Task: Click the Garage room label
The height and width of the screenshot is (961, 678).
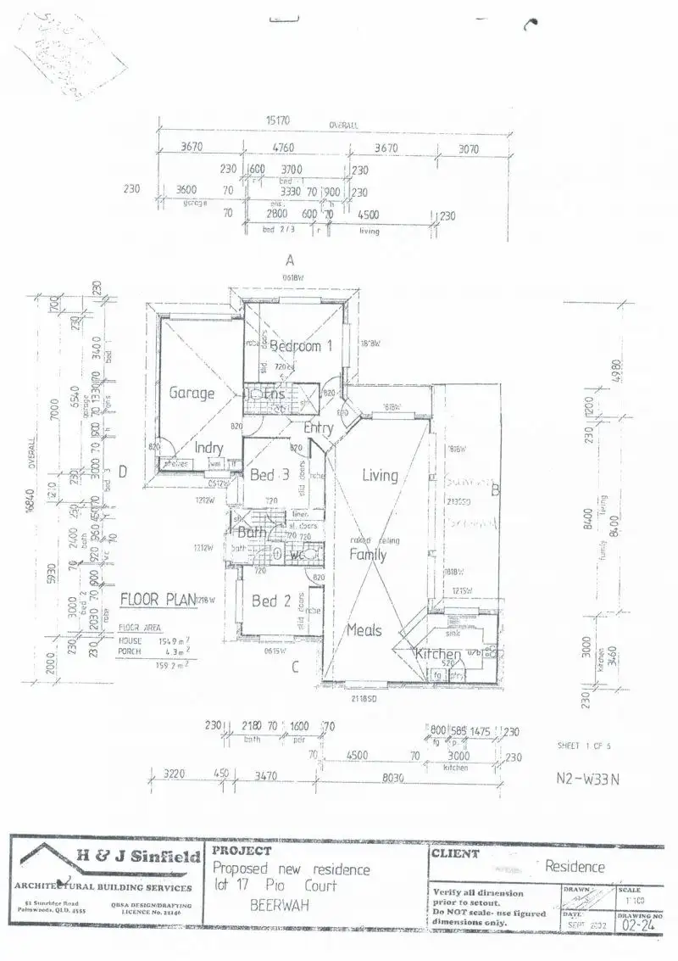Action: (x=192, y=394)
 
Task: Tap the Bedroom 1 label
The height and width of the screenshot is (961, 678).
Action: (x=296, y=346)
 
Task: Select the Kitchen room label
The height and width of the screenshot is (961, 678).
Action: (x=437, y=654)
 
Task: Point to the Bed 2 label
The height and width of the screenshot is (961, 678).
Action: (x=271, y=601)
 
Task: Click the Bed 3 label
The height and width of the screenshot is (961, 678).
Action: (x=270, y=476)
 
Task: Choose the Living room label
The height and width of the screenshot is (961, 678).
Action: (x=380, y=475)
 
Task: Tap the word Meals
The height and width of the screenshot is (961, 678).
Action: (x=364, y=630)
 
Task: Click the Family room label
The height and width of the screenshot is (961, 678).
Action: (x=368, y=555)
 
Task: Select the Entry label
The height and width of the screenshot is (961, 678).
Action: (x=318, y=428)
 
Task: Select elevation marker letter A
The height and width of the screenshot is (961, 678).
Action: (x=289, y=260)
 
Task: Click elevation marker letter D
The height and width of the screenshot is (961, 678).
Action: (x=123, y=472)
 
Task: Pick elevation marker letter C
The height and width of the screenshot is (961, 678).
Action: (x=295, y=667)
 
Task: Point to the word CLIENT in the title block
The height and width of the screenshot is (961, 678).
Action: (x=455, y=854)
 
